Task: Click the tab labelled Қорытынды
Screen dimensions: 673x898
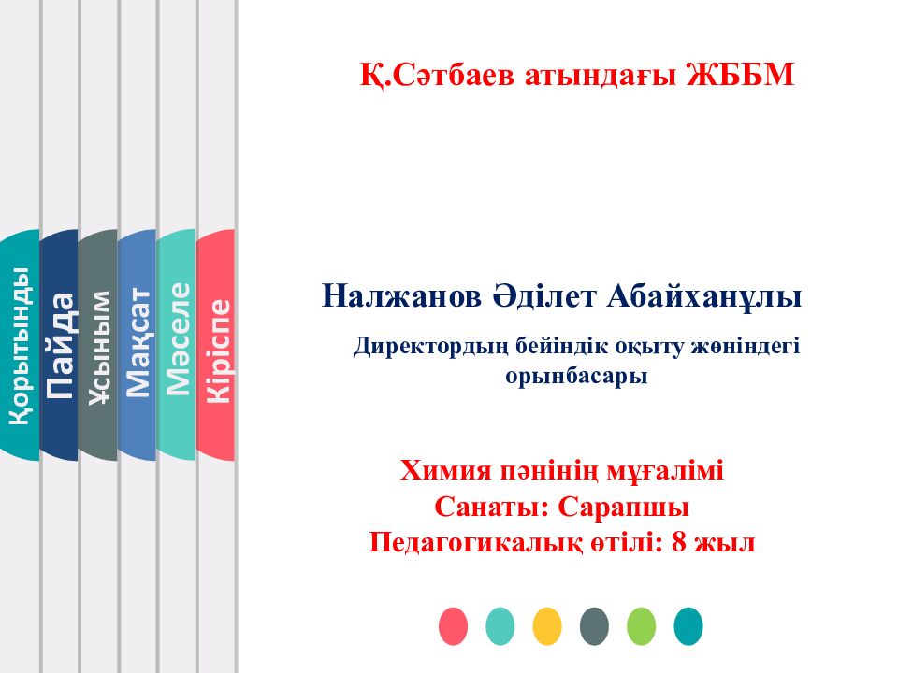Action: [20, 346]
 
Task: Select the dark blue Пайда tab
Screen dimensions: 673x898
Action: [59, 346]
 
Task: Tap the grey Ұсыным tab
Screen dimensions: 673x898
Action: [98, 346]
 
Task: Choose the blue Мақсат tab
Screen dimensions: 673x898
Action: [138, 346]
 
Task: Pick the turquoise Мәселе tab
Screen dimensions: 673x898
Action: [177, 346]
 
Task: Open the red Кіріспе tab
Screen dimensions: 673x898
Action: [216, 346]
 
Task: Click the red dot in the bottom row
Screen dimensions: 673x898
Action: [454, 625]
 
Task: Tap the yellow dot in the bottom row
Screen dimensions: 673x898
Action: [547, 625]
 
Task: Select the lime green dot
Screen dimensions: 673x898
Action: [642, 625]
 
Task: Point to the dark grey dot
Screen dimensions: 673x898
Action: [594, 625]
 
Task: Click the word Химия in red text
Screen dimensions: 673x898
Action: [444, 470]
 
